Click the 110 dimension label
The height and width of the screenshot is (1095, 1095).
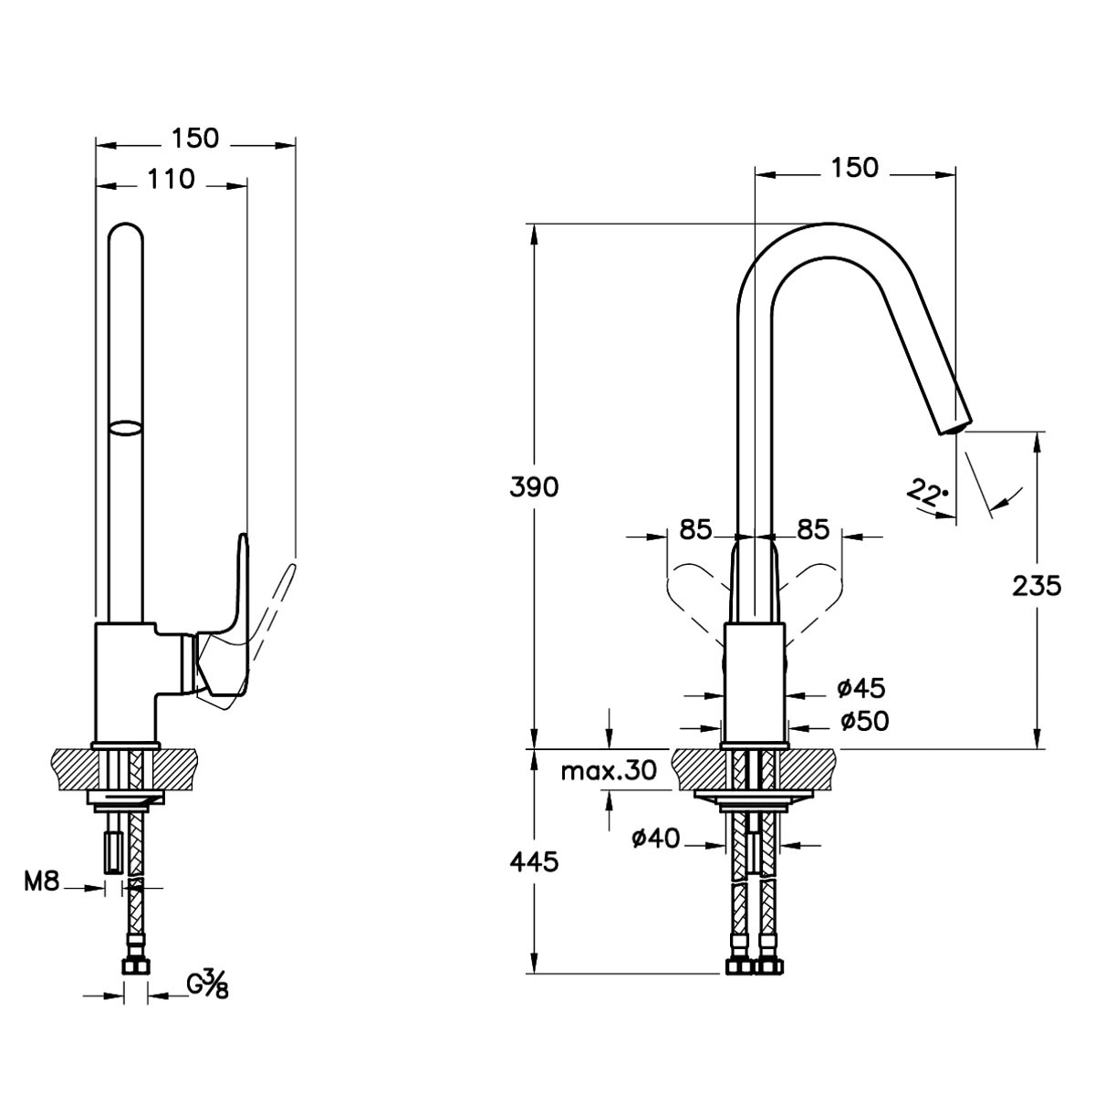(171, 180)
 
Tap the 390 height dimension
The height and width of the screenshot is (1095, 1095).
(534, 487)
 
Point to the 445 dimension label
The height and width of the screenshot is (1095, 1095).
(534, 862)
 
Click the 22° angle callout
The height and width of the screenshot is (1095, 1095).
(927, 493)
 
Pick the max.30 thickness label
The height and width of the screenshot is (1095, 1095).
(609, 771)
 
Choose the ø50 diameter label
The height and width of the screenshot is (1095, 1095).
(865, 721)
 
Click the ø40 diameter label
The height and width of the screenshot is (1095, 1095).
(656, 838)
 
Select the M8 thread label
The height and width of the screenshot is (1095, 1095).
(41, 881)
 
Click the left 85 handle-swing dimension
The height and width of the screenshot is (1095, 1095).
(695, 529)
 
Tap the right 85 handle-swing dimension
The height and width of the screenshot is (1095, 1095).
(813, 529)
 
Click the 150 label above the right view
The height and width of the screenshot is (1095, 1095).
(855, 167)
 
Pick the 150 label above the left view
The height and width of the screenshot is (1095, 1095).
(195, 138)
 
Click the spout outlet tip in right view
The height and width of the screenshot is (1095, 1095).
(954, 427)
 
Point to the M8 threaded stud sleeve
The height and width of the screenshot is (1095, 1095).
(113, 850)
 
